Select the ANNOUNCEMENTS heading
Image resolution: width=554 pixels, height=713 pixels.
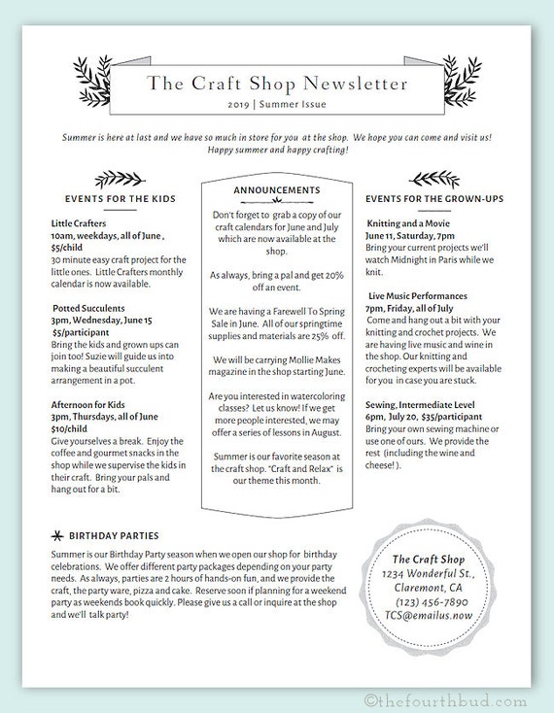pos(277,189)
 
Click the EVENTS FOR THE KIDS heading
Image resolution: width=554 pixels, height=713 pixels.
pos(120,198)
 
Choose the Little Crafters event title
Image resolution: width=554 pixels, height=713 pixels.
pos(81,223)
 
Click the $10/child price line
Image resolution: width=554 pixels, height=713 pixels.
pos(70,428)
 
